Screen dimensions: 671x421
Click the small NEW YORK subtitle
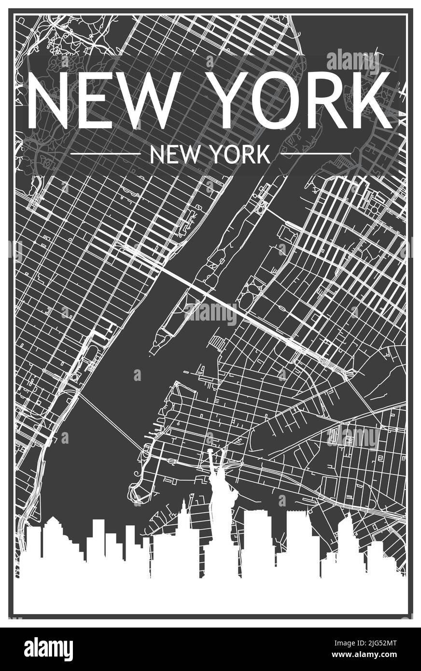(210, 155)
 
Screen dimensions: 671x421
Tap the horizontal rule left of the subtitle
(105, 154)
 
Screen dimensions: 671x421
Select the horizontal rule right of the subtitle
(316, 154)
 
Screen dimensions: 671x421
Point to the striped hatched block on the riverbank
(218, 343)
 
